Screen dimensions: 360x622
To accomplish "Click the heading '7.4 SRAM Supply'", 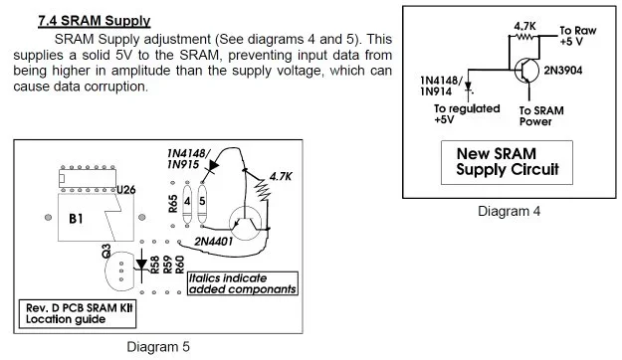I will click(94, 21).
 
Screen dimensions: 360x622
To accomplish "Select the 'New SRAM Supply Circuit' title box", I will click(507, 162).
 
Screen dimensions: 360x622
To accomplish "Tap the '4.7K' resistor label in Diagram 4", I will click(525, 25).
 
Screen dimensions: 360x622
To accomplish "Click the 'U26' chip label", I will click(125, 189).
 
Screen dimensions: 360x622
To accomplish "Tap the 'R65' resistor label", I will click(173, 205).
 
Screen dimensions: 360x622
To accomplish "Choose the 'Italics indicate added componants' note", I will click(242, 283).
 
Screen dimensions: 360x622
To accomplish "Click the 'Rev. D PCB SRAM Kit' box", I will click(79, 312).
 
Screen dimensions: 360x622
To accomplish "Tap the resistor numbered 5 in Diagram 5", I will click(203, 201).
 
